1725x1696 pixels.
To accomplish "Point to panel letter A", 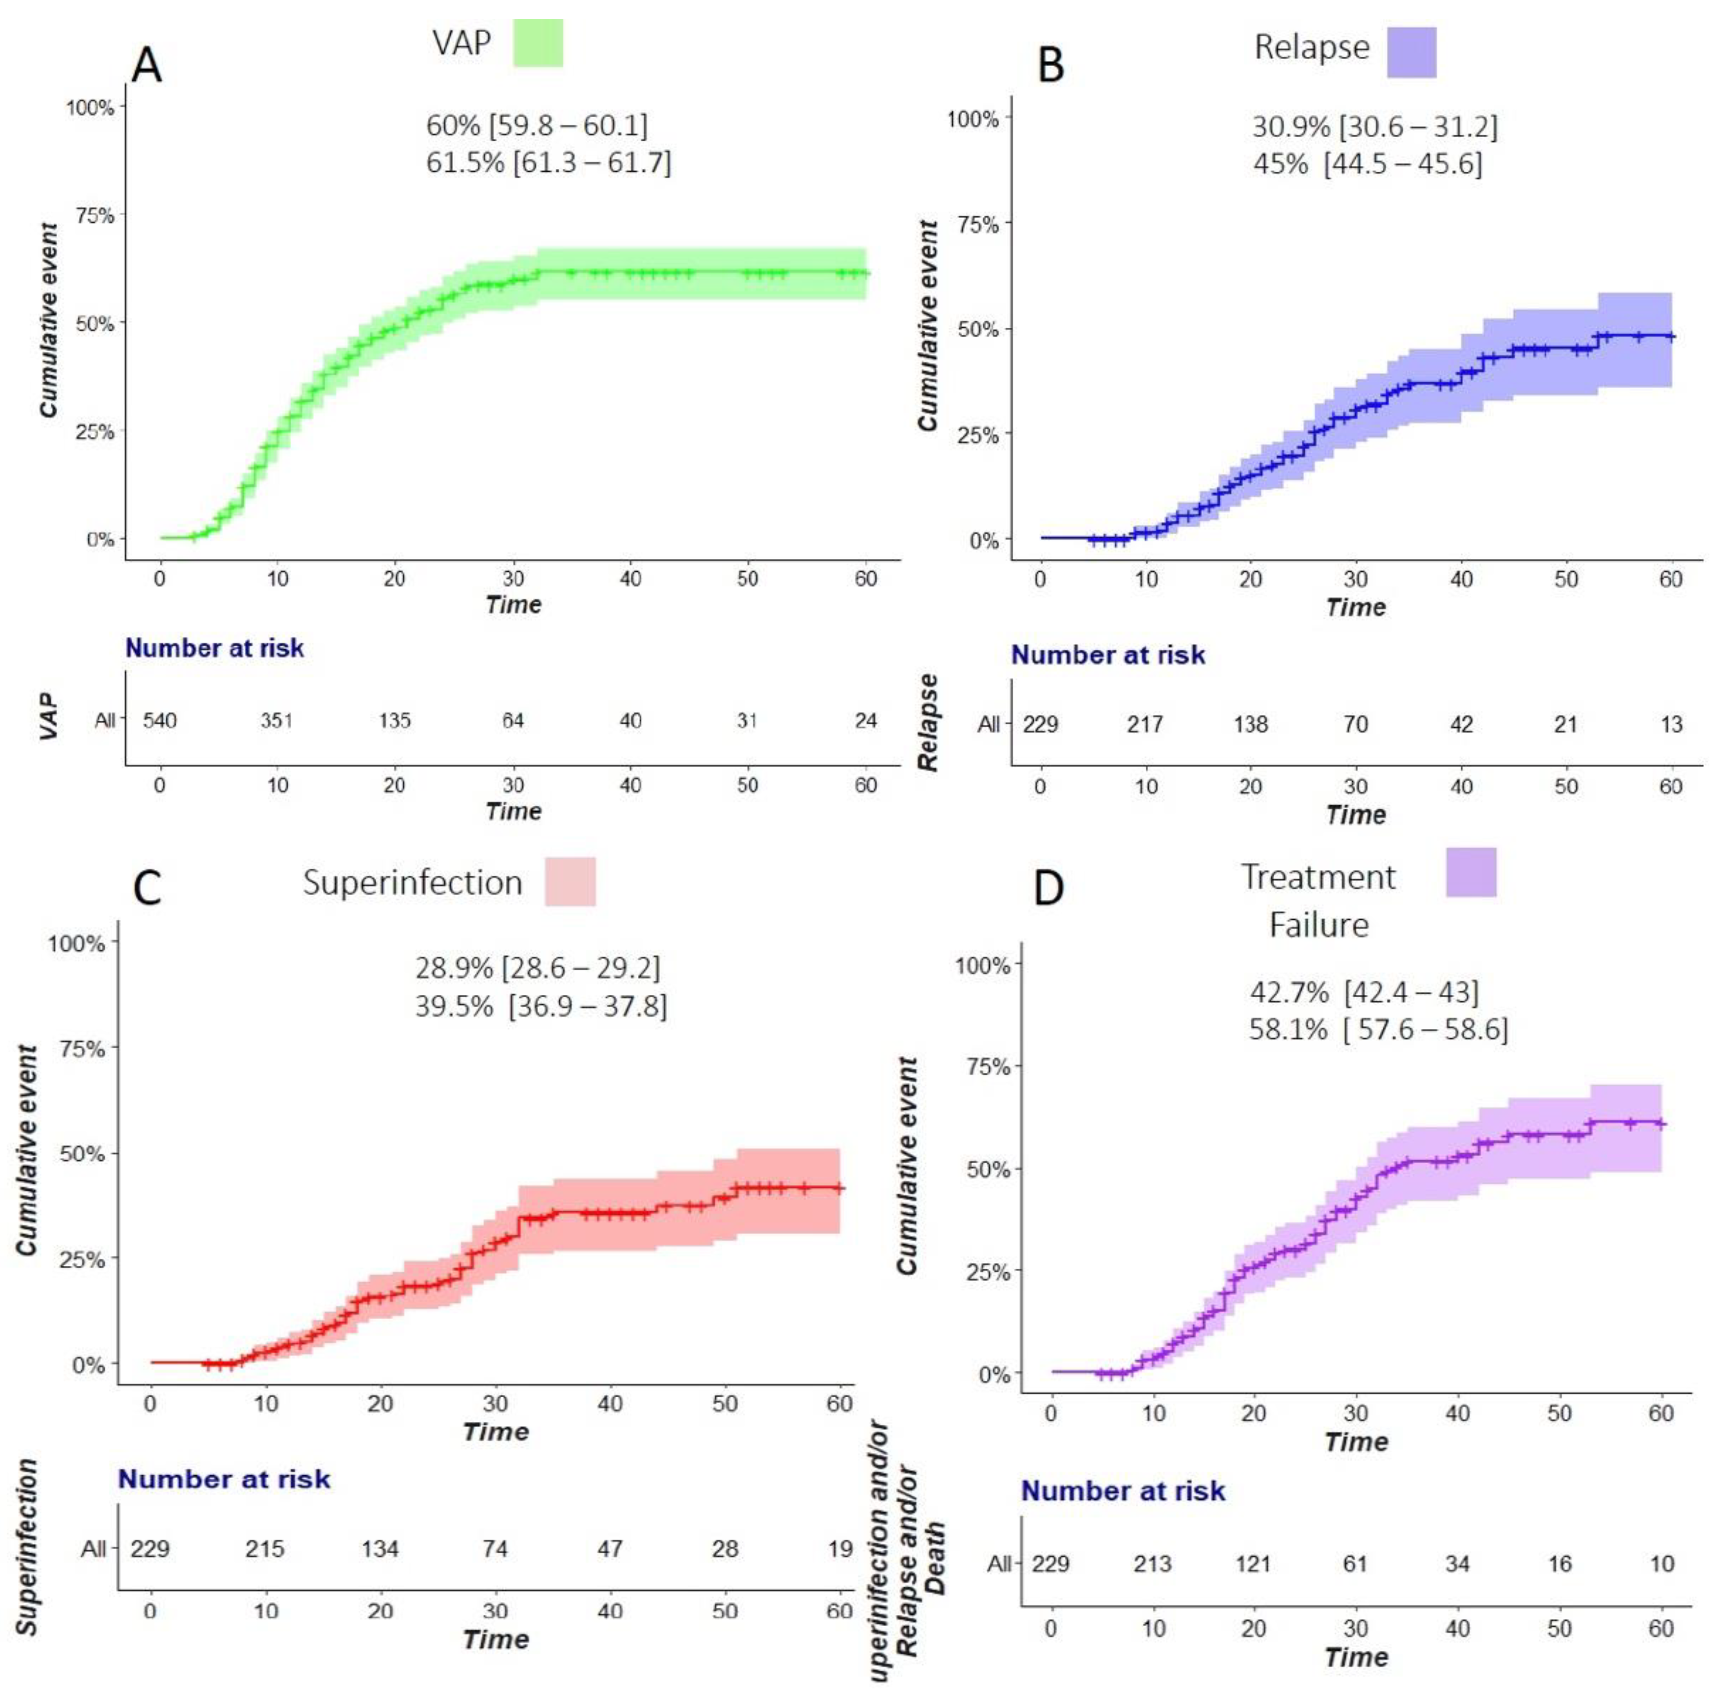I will [147, 65].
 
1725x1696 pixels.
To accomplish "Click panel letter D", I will [1049, 887].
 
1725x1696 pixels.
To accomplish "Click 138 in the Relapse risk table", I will [1250, 724].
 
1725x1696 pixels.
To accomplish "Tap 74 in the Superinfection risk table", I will [495, 1548].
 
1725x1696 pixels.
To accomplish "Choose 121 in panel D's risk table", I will [1253, 1563].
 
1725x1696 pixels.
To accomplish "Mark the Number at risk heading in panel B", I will [1108, 655].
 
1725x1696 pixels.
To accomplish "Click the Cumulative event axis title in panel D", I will [907, 1165].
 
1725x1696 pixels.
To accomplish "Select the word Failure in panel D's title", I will [1318, 925].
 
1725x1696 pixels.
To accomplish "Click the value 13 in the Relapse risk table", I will [1671, 724].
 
